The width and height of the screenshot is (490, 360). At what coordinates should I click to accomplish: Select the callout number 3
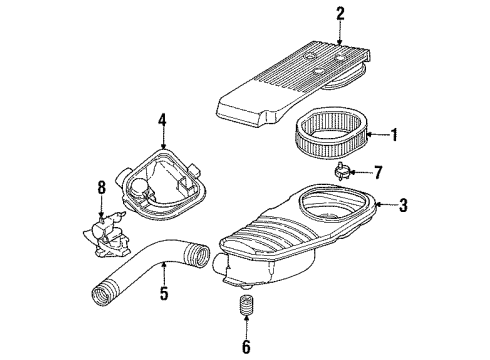pos(402,206)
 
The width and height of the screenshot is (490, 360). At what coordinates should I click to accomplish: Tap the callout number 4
pos(161,125)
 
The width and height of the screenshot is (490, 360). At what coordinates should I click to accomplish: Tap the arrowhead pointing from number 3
pos(377,206)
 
